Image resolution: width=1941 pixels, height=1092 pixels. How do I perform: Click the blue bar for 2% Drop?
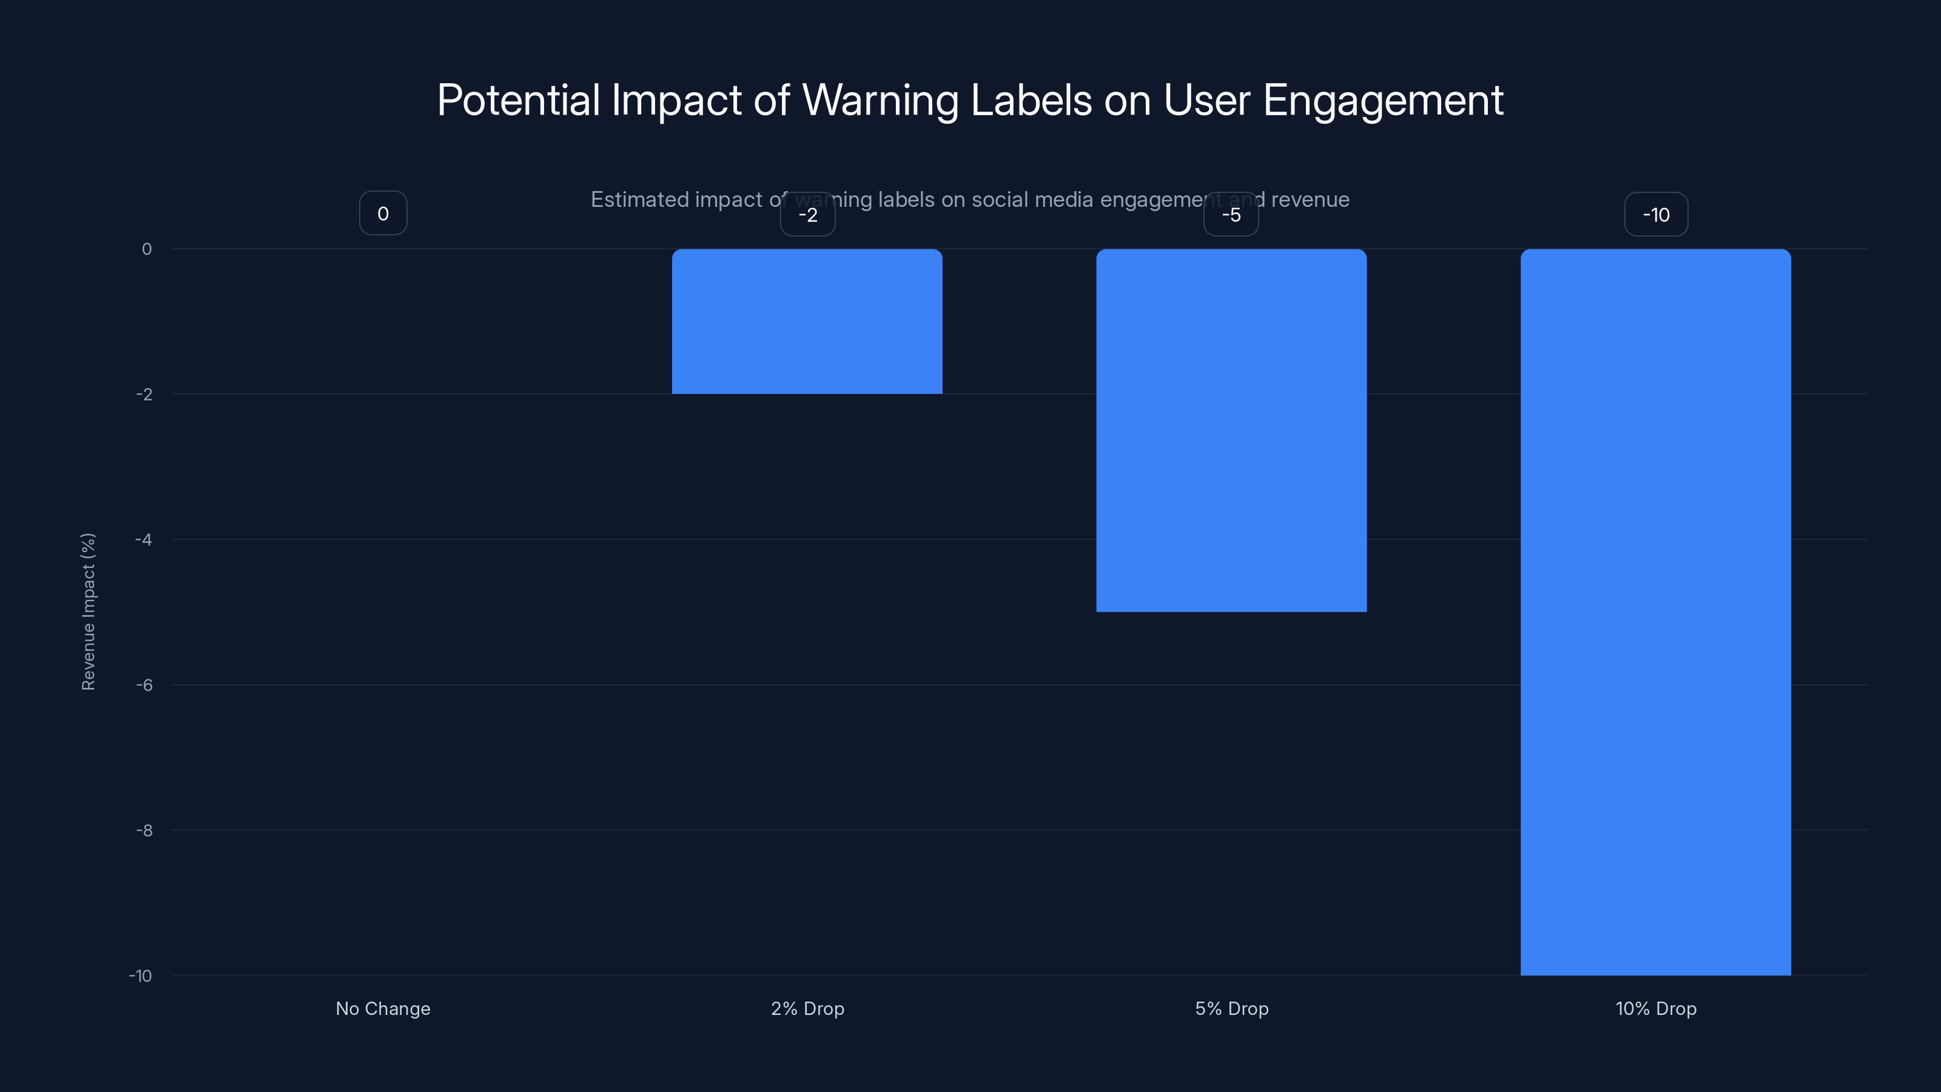(807, 321)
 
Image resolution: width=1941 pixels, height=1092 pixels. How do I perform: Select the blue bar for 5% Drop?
(1231, 430)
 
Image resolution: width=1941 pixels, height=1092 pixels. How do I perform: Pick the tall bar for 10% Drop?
(1655, 612)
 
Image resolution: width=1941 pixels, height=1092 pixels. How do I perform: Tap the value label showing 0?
(383, 214)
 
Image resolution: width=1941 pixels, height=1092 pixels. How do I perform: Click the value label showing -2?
(808, 215)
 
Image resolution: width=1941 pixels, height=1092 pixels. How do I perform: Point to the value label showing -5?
(1231, 215)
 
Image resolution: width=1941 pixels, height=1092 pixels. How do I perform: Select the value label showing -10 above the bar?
(1656, 215)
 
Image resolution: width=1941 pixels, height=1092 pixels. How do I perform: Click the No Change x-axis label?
(383, 1008)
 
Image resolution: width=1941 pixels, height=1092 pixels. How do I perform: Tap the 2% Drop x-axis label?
(807, 1008)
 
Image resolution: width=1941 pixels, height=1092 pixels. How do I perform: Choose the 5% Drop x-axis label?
(1231, 1008)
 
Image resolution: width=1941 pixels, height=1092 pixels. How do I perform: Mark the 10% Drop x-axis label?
(1655, 1008)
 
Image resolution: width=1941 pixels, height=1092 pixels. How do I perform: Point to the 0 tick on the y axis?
(147, 249)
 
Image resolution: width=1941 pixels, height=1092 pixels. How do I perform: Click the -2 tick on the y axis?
(144, 394)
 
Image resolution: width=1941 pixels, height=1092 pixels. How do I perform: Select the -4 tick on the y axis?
(144, 539)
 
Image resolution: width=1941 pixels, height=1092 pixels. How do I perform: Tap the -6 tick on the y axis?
(144, 685)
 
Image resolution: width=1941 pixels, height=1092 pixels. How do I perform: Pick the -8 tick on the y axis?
(144, 831)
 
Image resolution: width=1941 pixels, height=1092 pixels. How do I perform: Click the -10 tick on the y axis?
(141, 976)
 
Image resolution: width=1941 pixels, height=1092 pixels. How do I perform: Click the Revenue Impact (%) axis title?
(88, 611)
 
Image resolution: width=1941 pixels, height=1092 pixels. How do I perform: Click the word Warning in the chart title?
(880, 100)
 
